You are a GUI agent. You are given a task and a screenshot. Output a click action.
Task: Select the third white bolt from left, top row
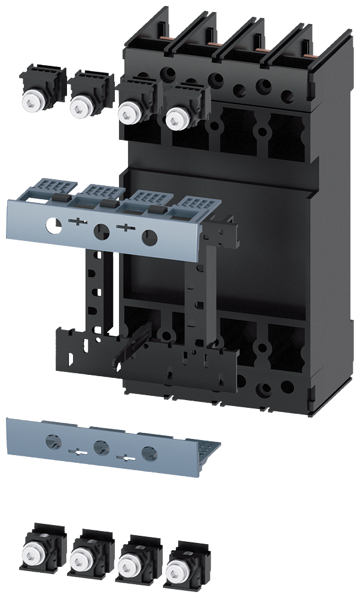126,112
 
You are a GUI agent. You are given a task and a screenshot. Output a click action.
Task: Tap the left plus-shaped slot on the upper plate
77,222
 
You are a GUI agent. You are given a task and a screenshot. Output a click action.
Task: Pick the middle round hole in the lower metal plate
100,446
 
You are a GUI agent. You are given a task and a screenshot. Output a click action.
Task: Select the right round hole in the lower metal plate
148,451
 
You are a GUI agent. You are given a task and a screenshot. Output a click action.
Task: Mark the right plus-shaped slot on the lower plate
124,457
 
